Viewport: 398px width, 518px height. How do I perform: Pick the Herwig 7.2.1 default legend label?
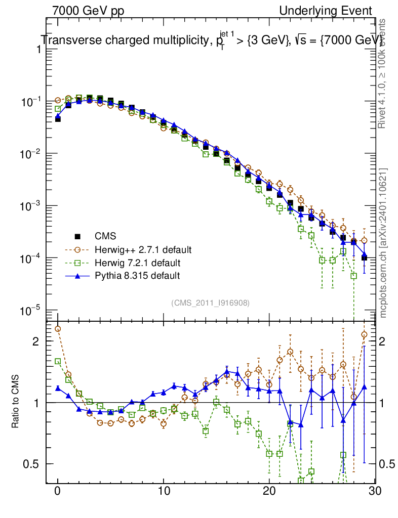(x=138, y=263)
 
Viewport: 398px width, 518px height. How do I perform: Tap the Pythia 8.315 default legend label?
(x=137, y=276)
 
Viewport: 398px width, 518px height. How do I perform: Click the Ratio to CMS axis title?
(x=16, y=402)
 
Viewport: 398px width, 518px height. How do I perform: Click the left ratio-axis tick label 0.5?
(x=32, y=464)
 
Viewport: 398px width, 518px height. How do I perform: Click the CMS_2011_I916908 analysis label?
(x=210, y=303)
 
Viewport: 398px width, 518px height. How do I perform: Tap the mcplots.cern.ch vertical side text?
(x=383, y=243)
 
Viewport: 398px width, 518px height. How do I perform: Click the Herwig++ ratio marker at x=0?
(x=58, y=329)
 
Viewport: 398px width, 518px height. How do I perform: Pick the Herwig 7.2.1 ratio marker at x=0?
(x=58, y=361)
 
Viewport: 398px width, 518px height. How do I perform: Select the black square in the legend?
(x=77, y=236)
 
